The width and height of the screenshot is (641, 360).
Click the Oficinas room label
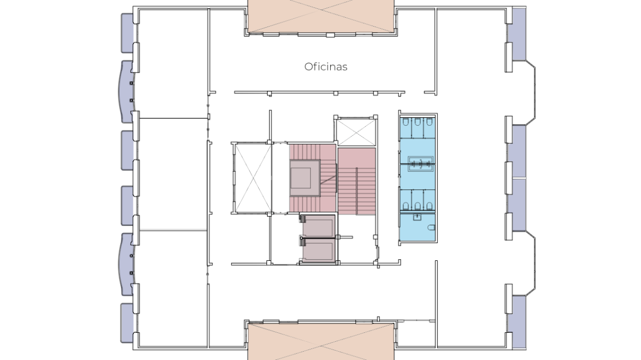coord(326,66)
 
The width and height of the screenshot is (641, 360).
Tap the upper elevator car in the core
coord(319,226)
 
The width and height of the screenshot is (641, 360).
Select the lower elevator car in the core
coord(319,249)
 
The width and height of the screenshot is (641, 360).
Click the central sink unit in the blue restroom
coord(421,163)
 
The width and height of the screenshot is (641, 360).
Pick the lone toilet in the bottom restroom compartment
coord(431,228)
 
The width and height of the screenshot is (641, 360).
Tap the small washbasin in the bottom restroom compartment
coord(417,217)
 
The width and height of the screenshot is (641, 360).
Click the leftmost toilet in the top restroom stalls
coord(406,122)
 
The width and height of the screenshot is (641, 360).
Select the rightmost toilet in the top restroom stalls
coord(429,122)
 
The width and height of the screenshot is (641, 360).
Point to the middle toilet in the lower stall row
coord(417,206)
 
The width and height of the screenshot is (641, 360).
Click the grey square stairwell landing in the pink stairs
coord(305,178)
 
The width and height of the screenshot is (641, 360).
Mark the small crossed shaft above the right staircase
coord(357,132)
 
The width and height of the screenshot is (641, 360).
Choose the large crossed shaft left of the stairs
coord(253,178)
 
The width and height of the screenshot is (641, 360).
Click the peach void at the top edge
coord(321,16)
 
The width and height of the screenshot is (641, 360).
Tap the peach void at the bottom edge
coord(321,342)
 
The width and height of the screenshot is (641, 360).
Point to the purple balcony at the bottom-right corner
coord(519,322)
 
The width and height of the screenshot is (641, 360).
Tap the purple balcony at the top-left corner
coord(127,33)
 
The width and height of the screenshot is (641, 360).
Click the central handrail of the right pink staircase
coord(356,191)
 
